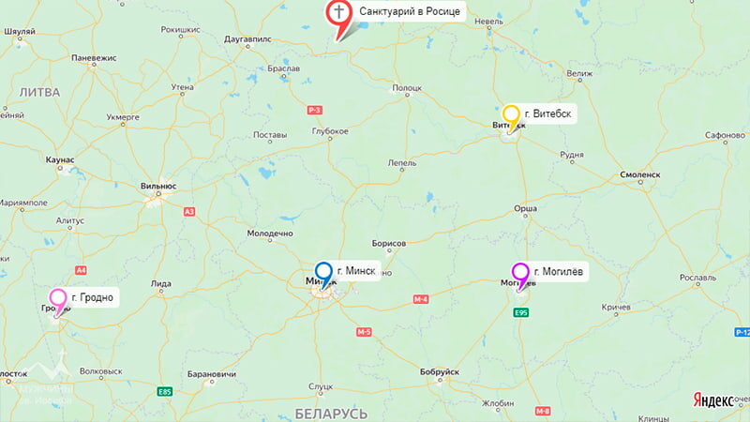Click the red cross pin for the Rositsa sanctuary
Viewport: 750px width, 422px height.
[338, 13]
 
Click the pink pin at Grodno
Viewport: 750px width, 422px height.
[58, 299]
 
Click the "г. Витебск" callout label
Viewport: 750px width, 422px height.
[549, 114]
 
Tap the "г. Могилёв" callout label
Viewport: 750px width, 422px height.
[560, 272]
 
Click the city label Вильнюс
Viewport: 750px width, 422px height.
[157, 185]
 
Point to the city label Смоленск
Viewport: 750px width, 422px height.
[640, 175]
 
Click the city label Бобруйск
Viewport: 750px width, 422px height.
[440, 372]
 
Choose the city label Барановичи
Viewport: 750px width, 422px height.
[208, 374]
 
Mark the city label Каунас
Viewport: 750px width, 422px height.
[59, 160]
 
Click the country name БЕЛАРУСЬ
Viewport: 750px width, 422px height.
[330, 413]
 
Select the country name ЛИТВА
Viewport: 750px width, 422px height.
[38, 92]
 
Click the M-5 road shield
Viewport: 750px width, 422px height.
[364, 332]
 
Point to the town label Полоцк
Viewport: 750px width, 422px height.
[407, 87]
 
